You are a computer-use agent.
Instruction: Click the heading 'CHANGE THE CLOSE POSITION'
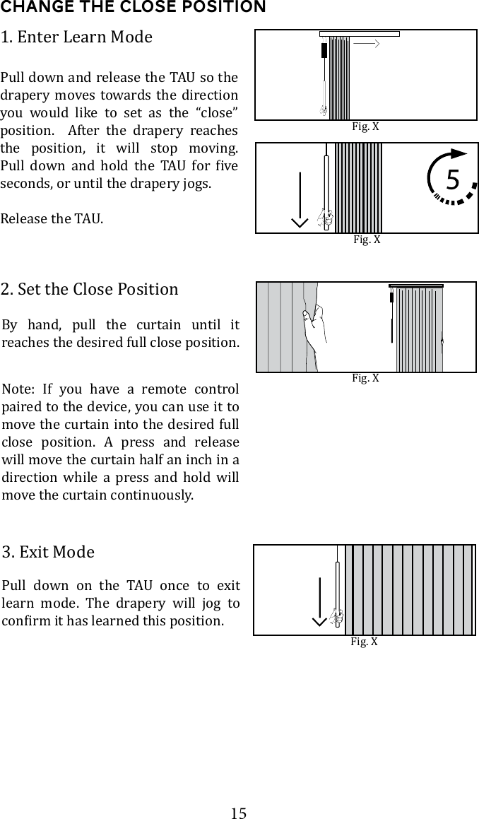(133, 8)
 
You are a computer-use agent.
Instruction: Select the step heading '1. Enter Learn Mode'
(76, 37)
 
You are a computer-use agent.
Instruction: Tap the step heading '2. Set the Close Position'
(90, 289)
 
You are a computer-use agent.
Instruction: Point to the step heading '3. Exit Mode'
(48, 551)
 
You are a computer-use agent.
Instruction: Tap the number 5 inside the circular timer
(452, 181)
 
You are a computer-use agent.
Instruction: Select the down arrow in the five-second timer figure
(300, 199)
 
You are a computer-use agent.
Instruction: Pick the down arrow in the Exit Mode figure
(320, 601)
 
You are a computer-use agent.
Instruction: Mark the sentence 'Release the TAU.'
(52, 218)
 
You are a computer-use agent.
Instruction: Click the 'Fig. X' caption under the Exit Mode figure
(364, 642)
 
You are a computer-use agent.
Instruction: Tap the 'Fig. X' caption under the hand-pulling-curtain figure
(365, 378)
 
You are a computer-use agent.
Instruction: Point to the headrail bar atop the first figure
(360, 33)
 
